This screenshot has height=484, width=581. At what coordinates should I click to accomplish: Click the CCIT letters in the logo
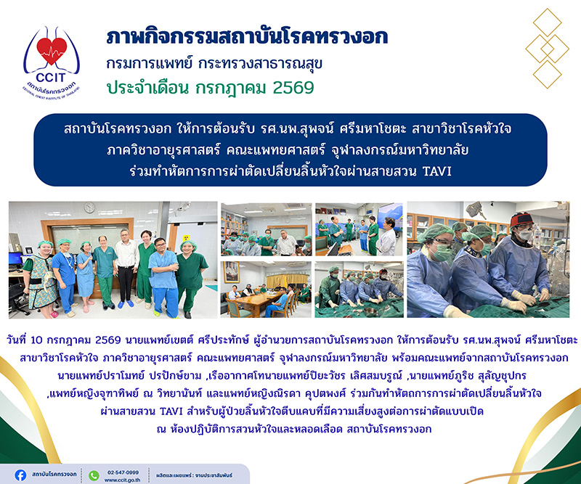(51, 78)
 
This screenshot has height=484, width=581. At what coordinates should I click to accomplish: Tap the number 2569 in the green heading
(293, 88)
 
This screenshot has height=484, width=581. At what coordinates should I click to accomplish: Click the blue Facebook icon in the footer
(20, 475)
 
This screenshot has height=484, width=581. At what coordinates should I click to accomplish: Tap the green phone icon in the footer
(94, 475)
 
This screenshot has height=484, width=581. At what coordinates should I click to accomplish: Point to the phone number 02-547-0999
(123, 472)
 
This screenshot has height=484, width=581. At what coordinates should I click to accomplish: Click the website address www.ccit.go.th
(122, 480)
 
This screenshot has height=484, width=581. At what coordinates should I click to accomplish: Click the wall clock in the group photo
(89, 208)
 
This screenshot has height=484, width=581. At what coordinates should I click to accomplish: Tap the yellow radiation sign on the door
(187, 237)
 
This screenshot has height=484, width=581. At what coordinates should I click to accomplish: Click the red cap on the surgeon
(521, 219)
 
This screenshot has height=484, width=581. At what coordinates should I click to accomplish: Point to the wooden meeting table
(259, 301)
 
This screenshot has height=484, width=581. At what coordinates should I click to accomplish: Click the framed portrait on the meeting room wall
(232, 272)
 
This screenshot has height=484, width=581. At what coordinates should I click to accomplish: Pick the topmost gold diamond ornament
(548, 22)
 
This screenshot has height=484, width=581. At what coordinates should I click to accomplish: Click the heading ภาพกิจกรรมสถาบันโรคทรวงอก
(247, 37)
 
